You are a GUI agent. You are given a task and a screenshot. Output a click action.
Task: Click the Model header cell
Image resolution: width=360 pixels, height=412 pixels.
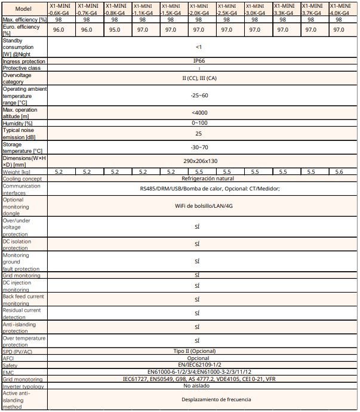[23, 9]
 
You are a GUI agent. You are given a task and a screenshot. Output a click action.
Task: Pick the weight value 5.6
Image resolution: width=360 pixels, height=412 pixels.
[340, 171]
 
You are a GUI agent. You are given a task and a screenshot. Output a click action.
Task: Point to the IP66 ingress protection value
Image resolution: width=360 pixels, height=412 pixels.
[198, 61]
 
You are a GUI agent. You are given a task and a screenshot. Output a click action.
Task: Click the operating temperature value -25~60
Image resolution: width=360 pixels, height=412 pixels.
[198, 95]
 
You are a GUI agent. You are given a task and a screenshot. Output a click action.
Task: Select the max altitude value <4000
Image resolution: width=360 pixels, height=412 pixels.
[198, 112]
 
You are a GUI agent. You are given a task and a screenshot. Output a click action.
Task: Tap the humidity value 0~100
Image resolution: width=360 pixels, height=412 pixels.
[198, 122]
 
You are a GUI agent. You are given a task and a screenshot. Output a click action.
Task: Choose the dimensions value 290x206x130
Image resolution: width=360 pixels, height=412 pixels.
[198, 161]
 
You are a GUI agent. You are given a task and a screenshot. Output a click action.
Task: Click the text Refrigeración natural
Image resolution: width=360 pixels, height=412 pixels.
[198, 178]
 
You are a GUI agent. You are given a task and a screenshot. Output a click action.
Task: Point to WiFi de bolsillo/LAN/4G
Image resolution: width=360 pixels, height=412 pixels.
[198, 206]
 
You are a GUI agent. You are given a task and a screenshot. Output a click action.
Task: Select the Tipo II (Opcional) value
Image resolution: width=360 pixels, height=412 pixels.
[198, 351]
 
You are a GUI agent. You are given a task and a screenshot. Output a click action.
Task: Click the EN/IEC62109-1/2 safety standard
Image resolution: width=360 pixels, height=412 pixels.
[198, 365]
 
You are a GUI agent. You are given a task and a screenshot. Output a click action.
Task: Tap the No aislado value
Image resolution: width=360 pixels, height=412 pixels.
[198, 385]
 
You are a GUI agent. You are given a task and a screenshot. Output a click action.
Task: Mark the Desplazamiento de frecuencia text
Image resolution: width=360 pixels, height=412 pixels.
[198, 399]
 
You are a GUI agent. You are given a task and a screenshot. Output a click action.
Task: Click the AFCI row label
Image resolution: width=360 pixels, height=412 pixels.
[9, 358]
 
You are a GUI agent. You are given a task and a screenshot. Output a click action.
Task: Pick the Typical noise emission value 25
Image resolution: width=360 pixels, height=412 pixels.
[198, 134]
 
